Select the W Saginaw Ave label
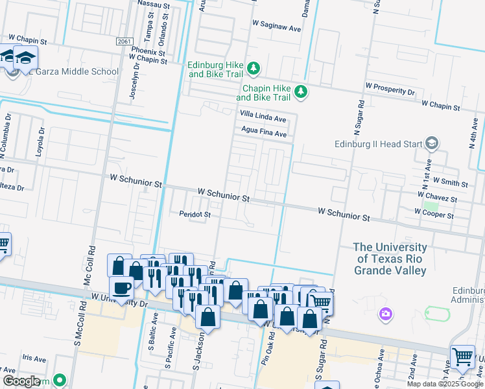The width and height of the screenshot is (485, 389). (277, 29)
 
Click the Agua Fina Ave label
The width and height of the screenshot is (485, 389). (264, 134)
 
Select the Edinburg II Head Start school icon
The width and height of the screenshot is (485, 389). (432, 144)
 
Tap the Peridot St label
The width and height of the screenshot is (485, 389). (195, 214)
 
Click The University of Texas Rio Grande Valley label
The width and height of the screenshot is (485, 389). (390, 259)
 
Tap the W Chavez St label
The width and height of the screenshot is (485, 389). (438, 196)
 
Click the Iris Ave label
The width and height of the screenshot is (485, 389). (34, 358)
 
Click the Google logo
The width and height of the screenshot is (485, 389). (21, 381)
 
